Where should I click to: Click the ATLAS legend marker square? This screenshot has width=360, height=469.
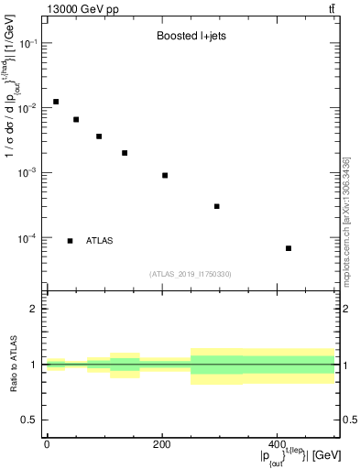[x=71, y=241]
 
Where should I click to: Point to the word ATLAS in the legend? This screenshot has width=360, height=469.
[x=100, y=241]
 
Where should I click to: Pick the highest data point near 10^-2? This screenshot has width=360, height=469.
[x=56, y=102]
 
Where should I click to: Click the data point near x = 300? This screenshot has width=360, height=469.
[x=217, y=206]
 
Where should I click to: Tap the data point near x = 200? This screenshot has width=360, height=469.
[x=165, y=175]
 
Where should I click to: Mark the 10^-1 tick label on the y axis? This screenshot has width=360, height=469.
[x=28, y=44]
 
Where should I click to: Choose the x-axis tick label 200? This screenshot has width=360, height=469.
[x=161, y=444]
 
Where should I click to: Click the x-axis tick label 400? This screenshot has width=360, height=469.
[x=277, y=444]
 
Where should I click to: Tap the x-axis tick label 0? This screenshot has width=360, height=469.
[x=47, y=444]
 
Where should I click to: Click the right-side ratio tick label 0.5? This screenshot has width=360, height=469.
[x=348, y=420]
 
